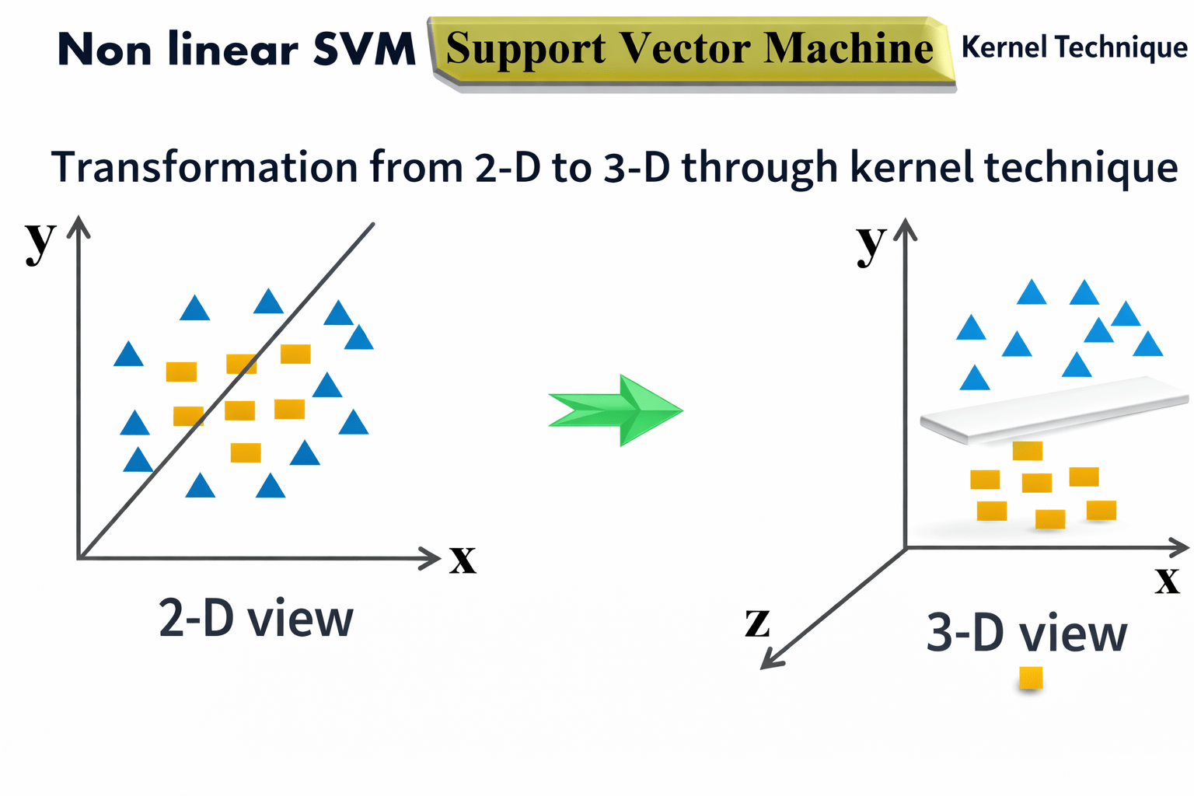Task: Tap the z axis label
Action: pyautogui.click(x=757, y=623)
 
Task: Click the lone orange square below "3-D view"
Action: pyautogui.click(x=1031, y=678)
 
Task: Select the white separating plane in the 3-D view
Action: pyautogui.click(x=1054, y=410)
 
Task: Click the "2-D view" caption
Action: pyautogui.click(x=256, y=619)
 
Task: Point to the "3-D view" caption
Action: pyautogui.click(x=1026, y=633)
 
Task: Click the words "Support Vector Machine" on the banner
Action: pyautogui.click(x=689, y=49)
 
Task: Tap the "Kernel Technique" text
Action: pyautogui.click(x=1074, y=47)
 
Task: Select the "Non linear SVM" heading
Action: pyautogui.click(x=237, y=51)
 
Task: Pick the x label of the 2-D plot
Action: pyautogui.click(x=463, y=559)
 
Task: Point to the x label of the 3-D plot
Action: pyautogui.click(x=1167, y=579)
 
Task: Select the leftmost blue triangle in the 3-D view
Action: pyautogui.click(x=971, y=328)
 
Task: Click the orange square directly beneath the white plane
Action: pyautogui.click(x=1027, y=451)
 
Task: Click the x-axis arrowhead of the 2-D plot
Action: pyautogui.click(x=431, y=557)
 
